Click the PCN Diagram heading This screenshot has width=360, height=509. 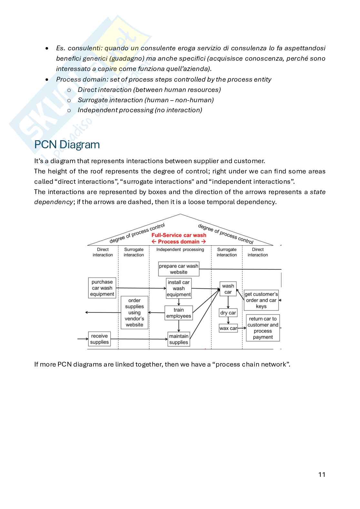pos(67,144)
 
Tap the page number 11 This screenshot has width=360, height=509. pos(322,474)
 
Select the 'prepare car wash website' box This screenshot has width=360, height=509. pos(178,269)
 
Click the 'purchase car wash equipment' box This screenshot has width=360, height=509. pos(102,288)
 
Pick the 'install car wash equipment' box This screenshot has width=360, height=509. pos(178,288)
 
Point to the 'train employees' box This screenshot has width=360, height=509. pos(178,313)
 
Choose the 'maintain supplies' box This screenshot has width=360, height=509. pos(178,339)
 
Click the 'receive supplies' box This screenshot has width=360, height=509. pos(99,339)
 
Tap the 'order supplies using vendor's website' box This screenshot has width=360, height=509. pos(134,312)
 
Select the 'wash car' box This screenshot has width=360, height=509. pos(228,289)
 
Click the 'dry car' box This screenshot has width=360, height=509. pos(228,313)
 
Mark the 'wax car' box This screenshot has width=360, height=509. pos(228,328)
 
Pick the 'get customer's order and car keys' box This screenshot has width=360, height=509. pos(261,300)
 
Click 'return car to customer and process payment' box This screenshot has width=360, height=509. pos(263,328)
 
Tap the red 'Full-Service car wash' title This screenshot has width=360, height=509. pos(179,235)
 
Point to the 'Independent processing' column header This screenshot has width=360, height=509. pos(180,250)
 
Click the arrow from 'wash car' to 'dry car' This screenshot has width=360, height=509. pos(228,303)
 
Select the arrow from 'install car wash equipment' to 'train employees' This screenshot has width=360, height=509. pos(179,302)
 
